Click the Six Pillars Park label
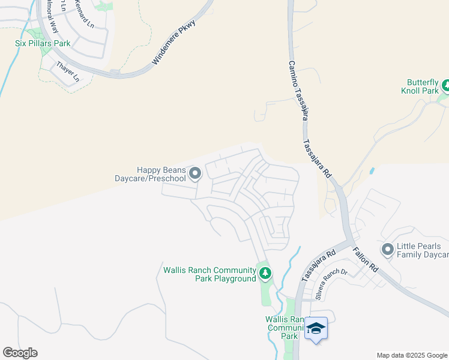coord(43,43)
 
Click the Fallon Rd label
coord(364,259)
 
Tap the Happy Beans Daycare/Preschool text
coord(150,174)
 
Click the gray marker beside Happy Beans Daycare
coord(194,174)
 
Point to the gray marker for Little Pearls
coord(387,248)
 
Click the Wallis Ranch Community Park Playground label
coord(209,274)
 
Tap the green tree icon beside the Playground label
coord(265,274)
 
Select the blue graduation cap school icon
coord(316,329)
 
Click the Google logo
coord(20,353)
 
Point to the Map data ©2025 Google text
coord(411,355)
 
